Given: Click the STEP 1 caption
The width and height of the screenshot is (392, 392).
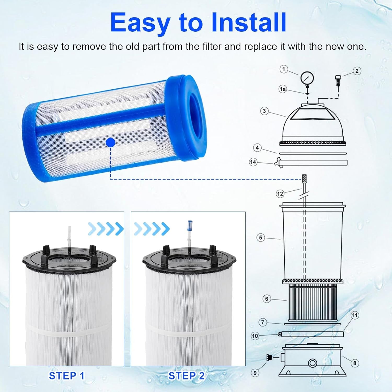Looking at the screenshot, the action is click(x=67, y=376).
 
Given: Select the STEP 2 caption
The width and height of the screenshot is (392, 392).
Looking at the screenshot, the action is click(x=186, y=376).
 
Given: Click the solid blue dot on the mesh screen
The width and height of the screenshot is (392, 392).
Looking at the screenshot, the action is click(x=111, y=143).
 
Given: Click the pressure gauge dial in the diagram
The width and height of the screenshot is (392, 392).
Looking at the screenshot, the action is click(x=307, y=78).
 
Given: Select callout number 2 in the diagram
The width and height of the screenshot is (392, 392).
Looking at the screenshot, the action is click(x=357, y=71).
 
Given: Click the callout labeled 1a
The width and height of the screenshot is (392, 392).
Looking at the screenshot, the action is click(x=283, y=89).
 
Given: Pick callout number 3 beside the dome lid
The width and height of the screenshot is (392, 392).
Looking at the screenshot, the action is click(x=264, y=111).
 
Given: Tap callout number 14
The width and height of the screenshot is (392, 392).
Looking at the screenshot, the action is click(x=253, y=162).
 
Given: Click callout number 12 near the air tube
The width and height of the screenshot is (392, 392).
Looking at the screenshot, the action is click(x=280, y=194).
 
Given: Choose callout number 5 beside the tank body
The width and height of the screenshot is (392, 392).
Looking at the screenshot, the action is click(x=260, y=238).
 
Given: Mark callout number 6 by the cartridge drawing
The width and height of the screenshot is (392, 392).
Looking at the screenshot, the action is click(x=267, y=299).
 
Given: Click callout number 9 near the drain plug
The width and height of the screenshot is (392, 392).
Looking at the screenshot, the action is click(x=255, y=373).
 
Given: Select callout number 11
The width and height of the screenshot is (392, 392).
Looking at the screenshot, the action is click(x=355, y=315).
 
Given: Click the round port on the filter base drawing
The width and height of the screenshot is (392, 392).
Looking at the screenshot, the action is click(x=313, y=363).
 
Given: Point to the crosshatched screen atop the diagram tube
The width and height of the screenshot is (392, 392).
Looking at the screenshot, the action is click(x=304, y=179).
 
